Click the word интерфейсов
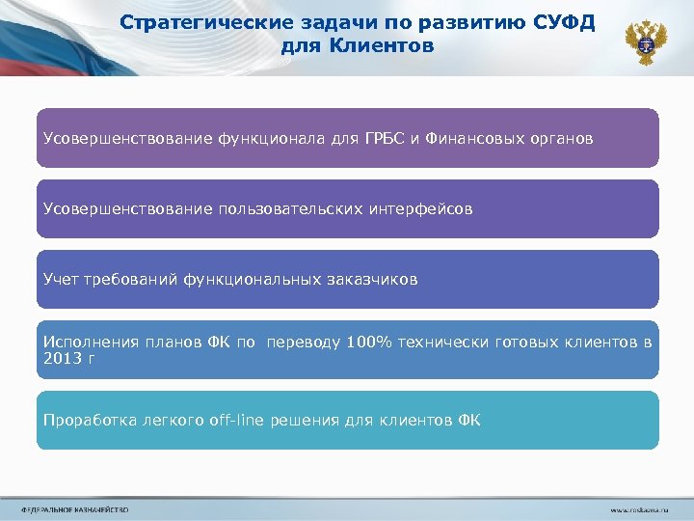point(420,208)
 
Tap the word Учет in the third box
point(60,279)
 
